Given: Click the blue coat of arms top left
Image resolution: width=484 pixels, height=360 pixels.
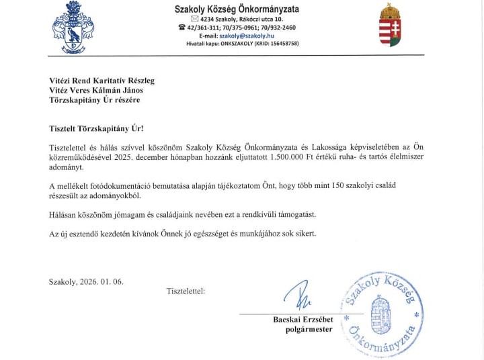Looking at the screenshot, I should tap(73, 28).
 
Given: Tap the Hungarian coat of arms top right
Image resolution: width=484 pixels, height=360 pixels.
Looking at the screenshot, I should tap(391, 26).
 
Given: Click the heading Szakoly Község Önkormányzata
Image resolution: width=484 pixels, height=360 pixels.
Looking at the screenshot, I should tap(237, 9).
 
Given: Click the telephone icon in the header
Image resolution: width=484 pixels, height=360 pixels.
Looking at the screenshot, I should tap(182, 28).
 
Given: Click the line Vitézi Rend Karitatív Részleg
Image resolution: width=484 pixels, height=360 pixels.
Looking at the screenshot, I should tap(102, 81).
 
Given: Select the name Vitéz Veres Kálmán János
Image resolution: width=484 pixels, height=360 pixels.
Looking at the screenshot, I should tap(95, 90).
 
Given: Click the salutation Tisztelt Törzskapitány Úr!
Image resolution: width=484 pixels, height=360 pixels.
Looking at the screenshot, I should tap(96, 128).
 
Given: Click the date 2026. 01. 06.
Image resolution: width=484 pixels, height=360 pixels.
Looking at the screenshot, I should tap(102, 281).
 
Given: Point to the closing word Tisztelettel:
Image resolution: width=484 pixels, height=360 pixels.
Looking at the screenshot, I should tap(186, 291).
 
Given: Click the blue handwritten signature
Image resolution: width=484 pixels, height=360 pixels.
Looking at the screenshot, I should tap(296, 294).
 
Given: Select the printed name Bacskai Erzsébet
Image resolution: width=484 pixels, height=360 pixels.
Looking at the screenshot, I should tap(302, 319).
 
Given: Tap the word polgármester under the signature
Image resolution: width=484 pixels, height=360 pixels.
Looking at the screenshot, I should tap(309, 329).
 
